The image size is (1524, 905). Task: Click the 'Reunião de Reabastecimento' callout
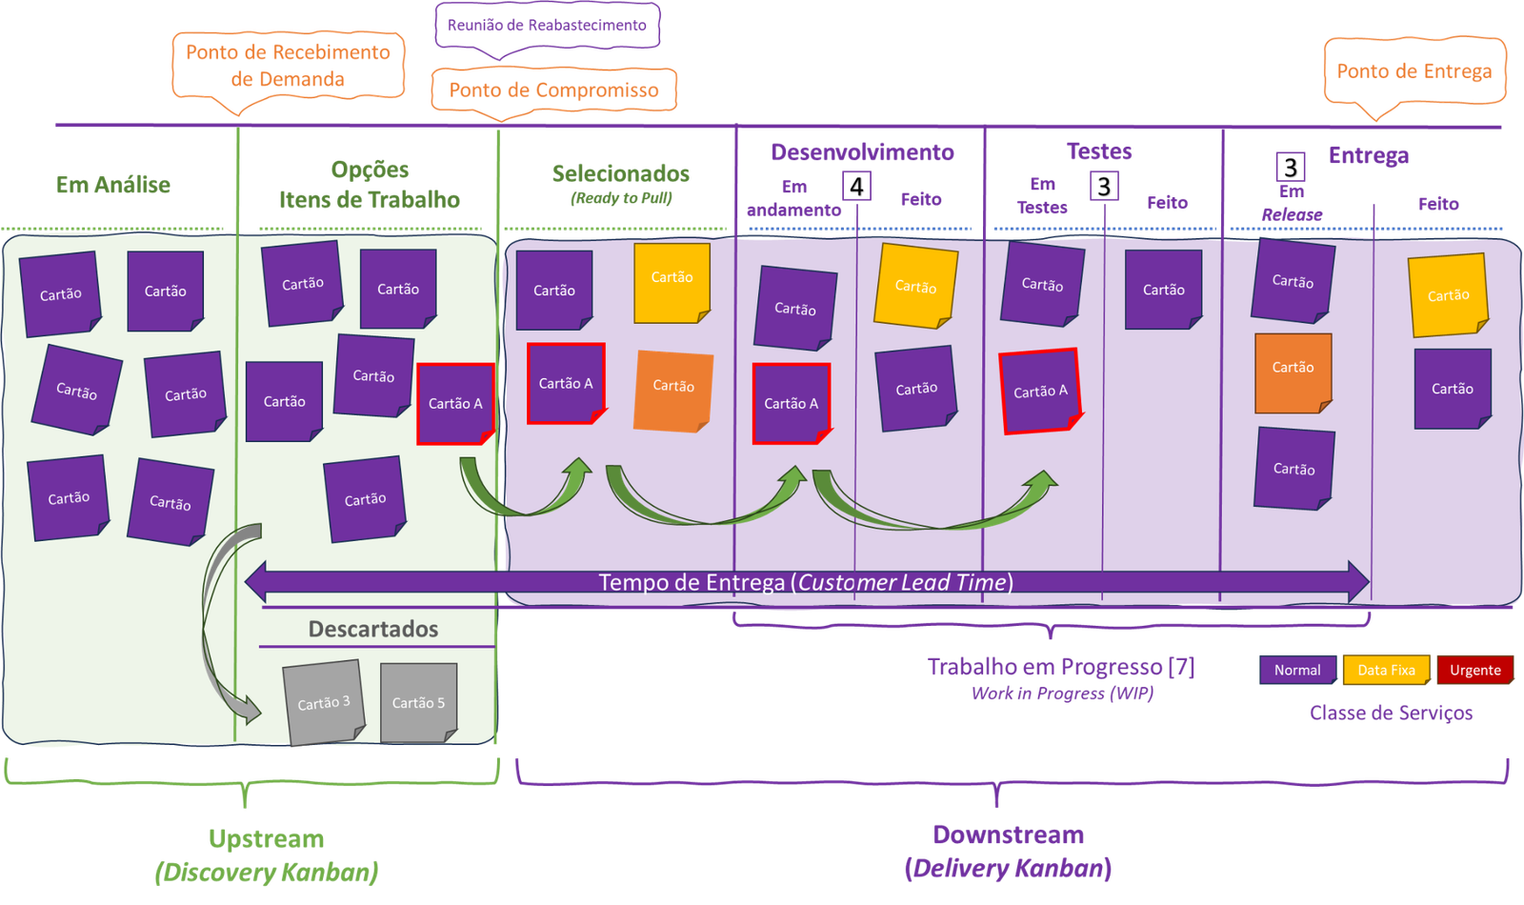[547, 27]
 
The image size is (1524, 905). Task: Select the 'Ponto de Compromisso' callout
[553, 90]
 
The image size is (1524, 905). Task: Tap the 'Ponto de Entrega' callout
[1414, 71]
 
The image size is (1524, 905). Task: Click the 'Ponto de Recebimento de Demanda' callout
[288, 66]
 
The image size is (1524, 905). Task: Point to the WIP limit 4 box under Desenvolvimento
[856, 186]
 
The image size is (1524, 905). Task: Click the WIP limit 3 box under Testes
[1104, 186]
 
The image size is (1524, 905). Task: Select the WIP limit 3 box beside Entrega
[1290, 167]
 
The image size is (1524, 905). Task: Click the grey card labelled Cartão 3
[324, 702]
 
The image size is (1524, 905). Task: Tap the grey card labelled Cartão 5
[418, 702]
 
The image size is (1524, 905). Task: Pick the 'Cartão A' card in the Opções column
[455, 404]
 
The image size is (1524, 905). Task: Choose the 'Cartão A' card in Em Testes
[1040, 392]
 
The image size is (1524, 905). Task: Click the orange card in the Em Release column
[1293, 373]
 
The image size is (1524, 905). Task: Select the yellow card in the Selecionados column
[672, 282]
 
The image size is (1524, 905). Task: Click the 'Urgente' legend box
[1475, 670]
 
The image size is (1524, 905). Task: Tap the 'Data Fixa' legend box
[1386, 670]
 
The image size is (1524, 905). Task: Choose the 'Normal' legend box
[1297, 670]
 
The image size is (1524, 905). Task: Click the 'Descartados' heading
[372, 629]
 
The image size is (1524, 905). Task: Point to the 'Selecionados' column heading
[620, 173]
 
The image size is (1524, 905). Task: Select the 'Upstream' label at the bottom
[266, 839]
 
